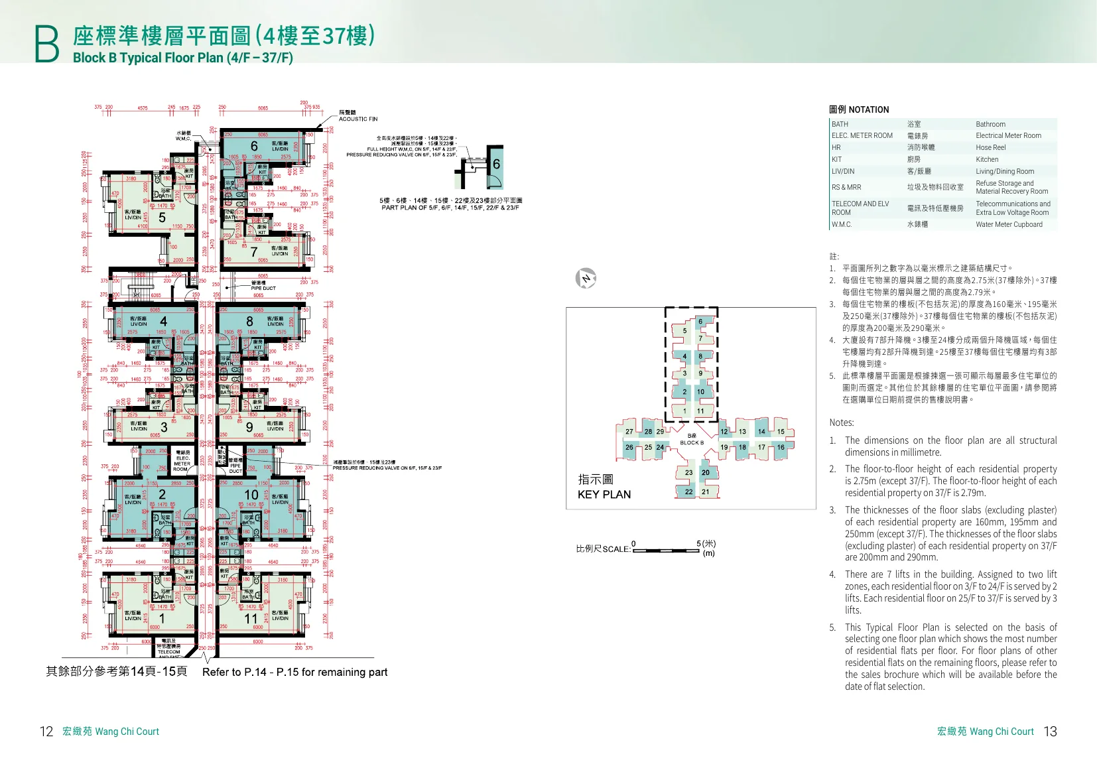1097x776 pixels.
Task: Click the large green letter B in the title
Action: click(46, 44)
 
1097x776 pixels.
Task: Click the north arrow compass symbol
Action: click(586, 278)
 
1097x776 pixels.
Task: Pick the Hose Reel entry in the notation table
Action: click(990, 147)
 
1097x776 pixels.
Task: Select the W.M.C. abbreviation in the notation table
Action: click(841, 224)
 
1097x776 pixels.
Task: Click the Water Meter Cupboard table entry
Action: click(1008, 224)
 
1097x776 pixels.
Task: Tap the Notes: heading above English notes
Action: click(841, 422)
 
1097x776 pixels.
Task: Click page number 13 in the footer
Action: click(1050, 731)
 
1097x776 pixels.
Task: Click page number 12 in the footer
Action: click(46, 731)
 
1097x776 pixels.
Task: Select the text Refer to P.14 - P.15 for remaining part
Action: click(294, 672)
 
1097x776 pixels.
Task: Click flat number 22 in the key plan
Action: click(688, 492)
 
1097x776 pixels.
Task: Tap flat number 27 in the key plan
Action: click(629, 432)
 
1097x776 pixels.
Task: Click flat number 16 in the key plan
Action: click(781, 447)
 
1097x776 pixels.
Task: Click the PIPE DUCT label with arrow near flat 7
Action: click(263, 288)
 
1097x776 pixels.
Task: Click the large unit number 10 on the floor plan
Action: click(251, 495)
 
